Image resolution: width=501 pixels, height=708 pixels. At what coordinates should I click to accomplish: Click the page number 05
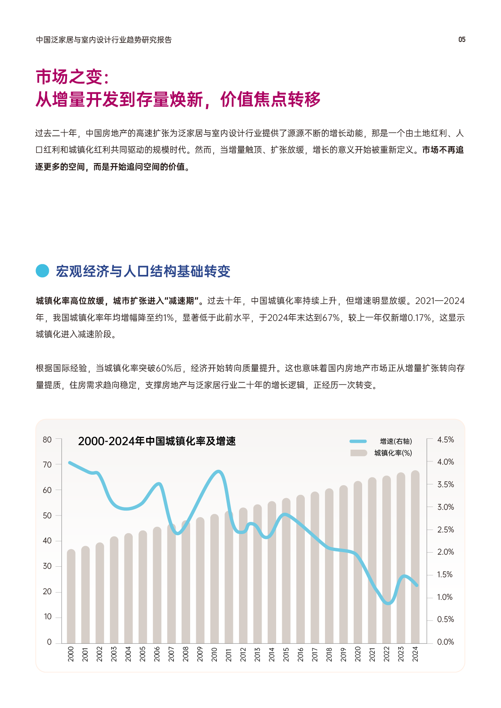point(462,40)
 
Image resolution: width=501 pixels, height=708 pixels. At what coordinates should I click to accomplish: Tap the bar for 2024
point(415,557)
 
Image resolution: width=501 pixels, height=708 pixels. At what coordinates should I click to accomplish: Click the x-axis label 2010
point(214,654)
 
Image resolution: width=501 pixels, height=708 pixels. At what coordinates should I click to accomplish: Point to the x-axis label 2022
point(386,654)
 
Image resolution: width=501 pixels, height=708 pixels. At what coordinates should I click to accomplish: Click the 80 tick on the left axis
point(47,440)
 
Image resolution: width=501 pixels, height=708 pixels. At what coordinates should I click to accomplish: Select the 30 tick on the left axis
point(47,566)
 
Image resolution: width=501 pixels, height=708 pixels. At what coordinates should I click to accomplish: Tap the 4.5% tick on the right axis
point(445,440)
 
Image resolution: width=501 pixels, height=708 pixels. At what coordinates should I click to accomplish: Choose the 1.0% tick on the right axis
point(445,597)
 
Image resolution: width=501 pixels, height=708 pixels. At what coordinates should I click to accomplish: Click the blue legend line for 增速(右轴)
point(358,441)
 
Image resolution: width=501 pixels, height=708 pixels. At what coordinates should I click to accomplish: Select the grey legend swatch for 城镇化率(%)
point(358,453)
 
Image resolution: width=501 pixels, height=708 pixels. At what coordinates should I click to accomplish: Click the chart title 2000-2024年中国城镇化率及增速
point(157,441)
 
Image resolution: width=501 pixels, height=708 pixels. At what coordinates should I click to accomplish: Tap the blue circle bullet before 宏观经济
point(42,271)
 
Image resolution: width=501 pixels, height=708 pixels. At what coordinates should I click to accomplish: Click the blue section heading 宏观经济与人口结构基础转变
point(143,271)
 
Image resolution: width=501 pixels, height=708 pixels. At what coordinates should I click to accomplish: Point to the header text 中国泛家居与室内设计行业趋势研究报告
point(104,40)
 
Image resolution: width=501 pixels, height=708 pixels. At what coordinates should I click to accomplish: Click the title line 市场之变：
point(73,77)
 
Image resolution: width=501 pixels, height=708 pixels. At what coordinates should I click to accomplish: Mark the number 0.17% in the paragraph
point(420,318)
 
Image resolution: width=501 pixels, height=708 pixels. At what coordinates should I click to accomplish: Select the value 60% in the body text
point(164,368)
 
